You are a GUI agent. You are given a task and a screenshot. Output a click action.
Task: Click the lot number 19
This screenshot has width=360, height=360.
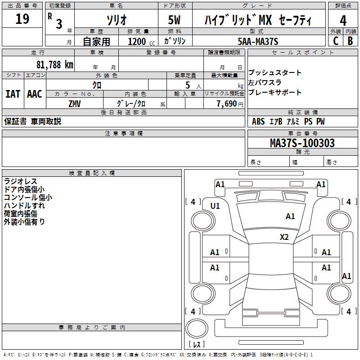coord(22,19)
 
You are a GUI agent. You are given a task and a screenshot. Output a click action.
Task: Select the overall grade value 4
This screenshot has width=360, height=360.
coord(343,20)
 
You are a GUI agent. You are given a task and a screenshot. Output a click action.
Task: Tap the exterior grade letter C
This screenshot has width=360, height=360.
coord(335,40)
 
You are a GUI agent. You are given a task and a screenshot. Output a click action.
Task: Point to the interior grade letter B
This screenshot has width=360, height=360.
coord(350,40)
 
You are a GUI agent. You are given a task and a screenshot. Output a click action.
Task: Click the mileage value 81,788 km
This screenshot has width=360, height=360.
coord(54,64)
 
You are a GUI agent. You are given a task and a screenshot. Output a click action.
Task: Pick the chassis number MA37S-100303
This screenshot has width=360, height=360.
coord(302,143)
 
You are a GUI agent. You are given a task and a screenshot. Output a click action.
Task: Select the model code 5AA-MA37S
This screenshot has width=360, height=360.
coord(258,41)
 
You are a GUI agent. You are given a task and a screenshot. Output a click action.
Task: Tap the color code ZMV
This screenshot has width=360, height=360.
coord(75,103)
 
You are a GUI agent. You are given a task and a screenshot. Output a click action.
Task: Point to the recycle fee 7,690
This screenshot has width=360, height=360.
coord(227,103)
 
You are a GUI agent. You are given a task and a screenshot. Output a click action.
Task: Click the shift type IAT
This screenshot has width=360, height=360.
coord(13,94)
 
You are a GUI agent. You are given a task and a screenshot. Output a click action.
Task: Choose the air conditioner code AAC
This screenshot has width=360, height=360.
coord(35,94)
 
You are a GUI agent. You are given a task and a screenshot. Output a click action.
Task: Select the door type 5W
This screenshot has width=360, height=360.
coord(175,20)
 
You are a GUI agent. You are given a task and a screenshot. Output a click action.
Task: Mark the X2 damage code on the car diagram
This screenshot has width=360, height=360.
coord(284,237)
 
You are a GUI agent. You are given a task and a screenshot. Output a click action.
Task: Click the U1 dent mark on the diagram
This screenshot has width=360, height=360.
coord(215,206)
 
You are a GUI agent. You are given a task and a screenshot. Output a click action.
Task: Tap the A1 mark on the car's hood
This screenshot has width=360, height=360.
coord(290,216)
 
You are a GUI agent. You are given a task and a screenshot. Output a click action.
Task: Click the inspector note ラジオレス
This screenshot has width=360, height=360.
coord(20,181)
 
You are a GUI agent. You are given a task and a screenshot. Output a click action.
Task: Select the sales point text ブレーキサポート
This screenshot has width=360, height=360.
coord(275,93)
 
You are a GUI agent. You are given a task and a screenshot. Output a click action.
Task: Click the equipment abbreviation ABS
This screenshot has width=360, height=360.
coord(258,121)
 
